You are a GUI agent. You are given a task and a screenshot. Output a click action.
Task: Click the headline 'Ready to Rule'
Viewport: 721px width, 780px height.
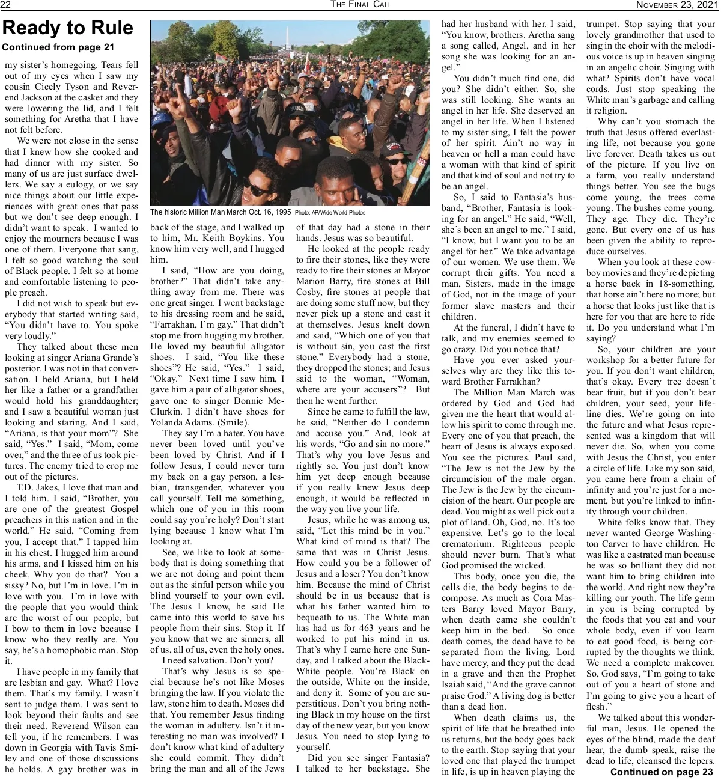[x=68, y=28]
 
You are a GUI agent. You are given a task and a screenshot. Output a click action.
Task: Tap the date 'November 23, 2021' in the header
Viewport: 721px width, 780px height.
[x=676, y=5]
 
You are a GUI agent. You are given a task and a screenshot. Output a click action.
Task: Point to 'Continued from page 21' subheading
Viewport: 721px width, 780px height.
[x=58, y=47]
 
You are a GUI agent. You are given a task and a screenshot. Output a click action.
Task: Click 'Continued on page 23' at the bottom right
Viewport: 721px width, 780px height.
[x=662, y=772]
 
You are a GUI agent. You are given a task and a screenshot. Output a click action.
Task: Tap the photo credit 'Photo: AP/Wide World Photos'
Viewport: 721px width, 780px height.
[x=330, y=213]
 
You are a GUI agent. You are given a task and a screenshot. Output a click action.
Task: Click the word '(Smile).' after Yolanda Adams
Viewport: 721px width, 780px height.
[x=217, y=422]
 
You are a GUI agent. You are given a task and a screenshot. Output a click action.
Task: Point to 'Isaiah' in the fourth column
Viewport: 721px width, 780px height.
[x=457, y=685]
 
